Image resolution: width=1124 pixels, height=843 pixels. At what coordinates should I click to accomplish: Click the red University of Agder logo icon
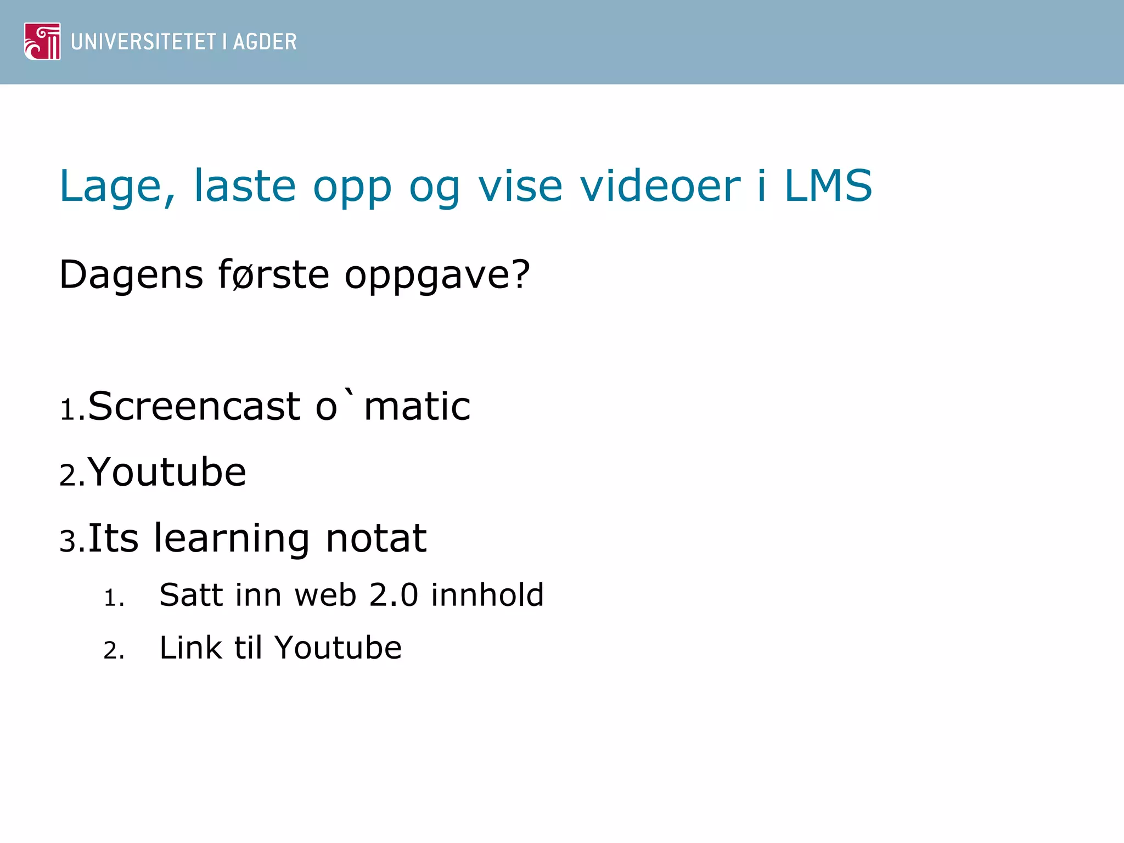(42, 41)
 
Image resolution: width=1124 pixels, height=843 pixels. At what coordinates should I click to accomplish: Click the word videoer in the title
(660, 186)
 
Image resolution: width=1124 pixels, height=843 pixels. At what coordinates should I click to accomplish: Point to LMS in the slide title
(828, 186)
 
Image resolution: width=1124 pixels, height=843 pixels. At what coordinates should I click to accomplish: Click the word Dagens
(131, 275)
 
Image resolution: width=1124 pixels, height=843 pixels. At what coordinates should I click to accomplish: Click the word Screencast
(194, 407)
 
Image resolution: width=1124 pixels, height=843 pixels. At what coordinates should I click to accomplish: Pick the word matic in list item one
(417, 407)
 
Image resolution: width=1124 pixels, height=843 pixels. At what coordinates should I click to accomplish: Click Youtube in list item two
(167, 472)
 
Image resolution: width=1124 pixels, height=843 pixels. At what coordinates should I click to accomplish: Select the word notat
(376, 538)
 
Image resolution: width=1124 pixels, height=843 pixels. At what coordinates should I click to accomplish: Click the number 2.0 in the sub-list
(394, 595)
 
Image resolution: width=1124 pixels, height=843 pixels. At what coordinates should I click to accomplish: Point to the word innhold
(487, 595)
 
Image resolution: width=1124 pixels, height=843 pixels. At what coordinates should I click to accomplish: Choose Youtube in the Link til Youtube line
(338, 648)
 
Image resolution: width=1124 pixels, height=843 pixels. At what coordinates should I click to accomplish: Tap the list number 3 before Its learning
(68, 541)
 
